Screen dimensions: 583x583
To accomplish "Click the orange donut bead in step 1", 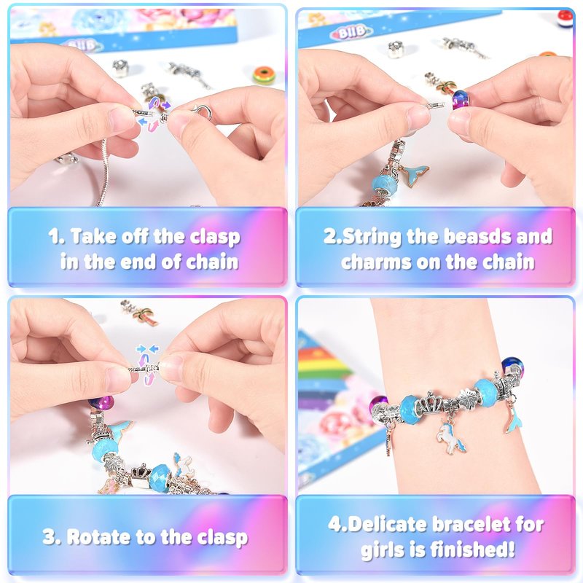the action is (x=264, y=76).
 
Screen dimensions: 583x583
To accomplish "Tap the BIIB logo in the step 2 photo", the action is (x=351, y=33).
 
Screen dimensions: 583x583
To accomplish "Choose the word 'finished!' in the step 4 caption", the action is (x=472, y=549).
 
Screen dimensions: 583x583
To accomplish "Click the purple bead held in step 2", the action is (x=461, y=101).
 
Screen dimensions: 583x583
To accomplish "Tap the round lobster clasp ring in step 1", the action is (x=203, y=111).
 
